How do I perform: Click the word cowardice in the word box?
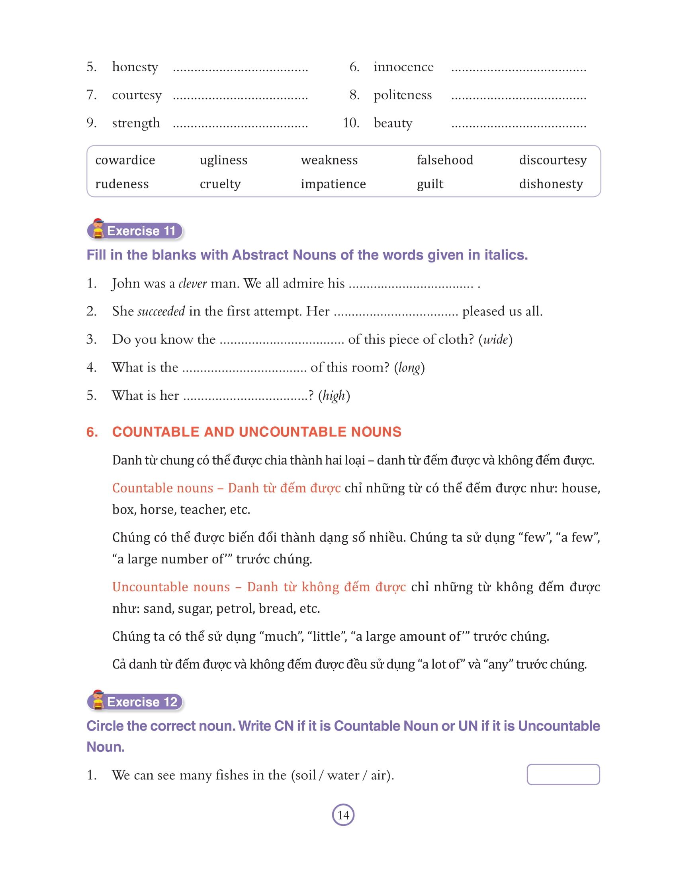coord(125,160)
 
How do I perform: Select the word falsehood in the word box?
coord(445,160)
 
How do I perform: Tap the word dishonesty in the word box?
coord(551,184)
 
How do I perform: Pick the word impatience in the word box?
coord(333,184)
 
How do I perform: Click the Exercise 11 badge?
coord(135,231)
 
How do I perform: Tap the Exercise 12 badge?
coord(135,702)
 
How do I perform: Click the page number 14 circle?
coord(343,815)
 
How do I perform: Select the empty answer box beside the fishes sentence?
coord(563,774)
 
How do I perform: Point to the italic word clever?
coord(192,284)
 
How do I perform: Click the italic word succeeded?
coord(161,311)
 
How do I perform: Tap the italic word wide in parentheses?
coord(496,340)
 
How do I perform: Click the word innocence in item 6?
coord(403,66)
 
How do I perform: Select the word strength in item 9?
coord(136,123)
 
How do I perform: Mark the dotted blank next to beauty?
coord(519,125)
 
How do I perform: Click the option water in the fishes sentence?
coord(343,775)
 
